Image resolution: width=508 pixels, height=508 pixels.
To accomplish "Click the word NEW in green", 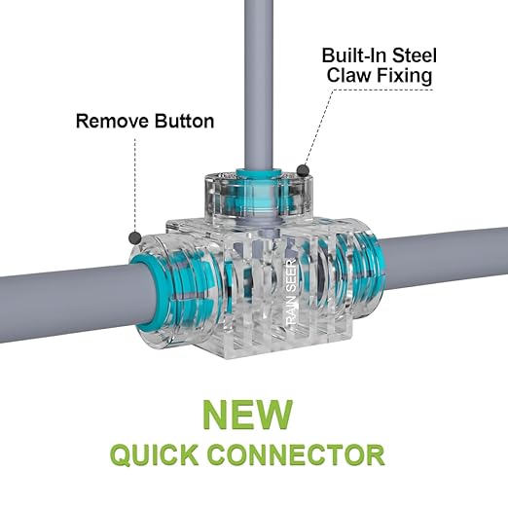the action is tap(248, 416).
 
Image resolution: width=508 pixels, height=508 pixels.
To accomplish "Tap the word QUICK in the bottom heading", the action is tap(155, 455).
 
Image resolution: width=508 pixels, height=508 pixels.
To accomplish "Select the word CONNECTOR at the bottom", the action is tap(296, 454).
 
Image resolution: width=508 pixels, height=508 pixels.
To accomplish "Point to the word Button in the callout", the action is tap(184, 121).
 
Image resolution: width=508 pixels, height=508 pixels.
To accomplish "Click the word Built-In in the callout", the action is tap(354, 55).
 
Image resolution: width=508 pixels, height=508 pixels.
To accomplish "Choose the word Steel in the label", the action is tap(415, 55).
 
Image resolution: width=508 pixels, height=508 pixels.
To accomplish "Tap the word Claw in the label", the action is tap(348, 75).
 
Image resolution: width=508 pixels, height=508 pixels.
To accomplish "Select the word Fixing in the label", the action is tap(404, 77).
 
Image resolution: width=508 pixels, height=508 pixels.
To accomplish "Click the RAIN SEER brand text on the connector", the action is tap(292, 292).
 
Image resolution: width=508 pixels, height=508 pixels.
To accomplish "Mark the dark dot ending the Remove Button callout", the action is tap(135, 238).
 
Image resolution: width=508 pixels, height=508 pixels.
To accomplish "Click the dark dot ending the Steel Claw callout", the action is tap(303, 170).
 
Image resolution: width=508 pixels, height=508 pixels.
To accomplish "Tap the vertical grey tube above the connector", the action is tap(259, 85).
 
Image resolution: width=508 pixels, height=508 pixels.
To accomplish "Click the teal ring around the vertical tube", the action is tap(259, 173).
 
